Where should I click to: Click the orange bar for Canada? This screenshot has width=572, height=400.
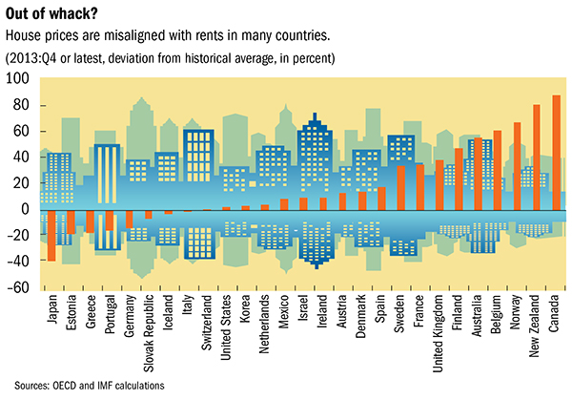pyautogui.click(x=556, y=152)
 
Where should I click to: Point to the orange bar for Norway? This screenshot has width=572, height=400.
pyautogui.click(x=517, y=166)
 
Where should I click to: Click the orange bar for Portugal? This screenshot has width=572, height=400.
pyautogui.click(x=110, y=220)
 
